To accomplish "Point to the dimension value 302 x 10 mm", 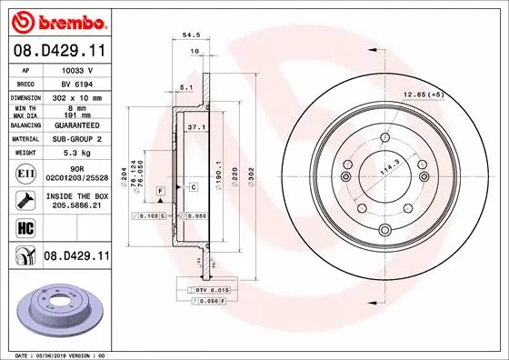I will point(75,95).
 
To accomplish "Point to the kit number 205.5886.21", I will point(75,205).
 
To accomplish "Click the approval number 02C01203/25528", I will point(75,178).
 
